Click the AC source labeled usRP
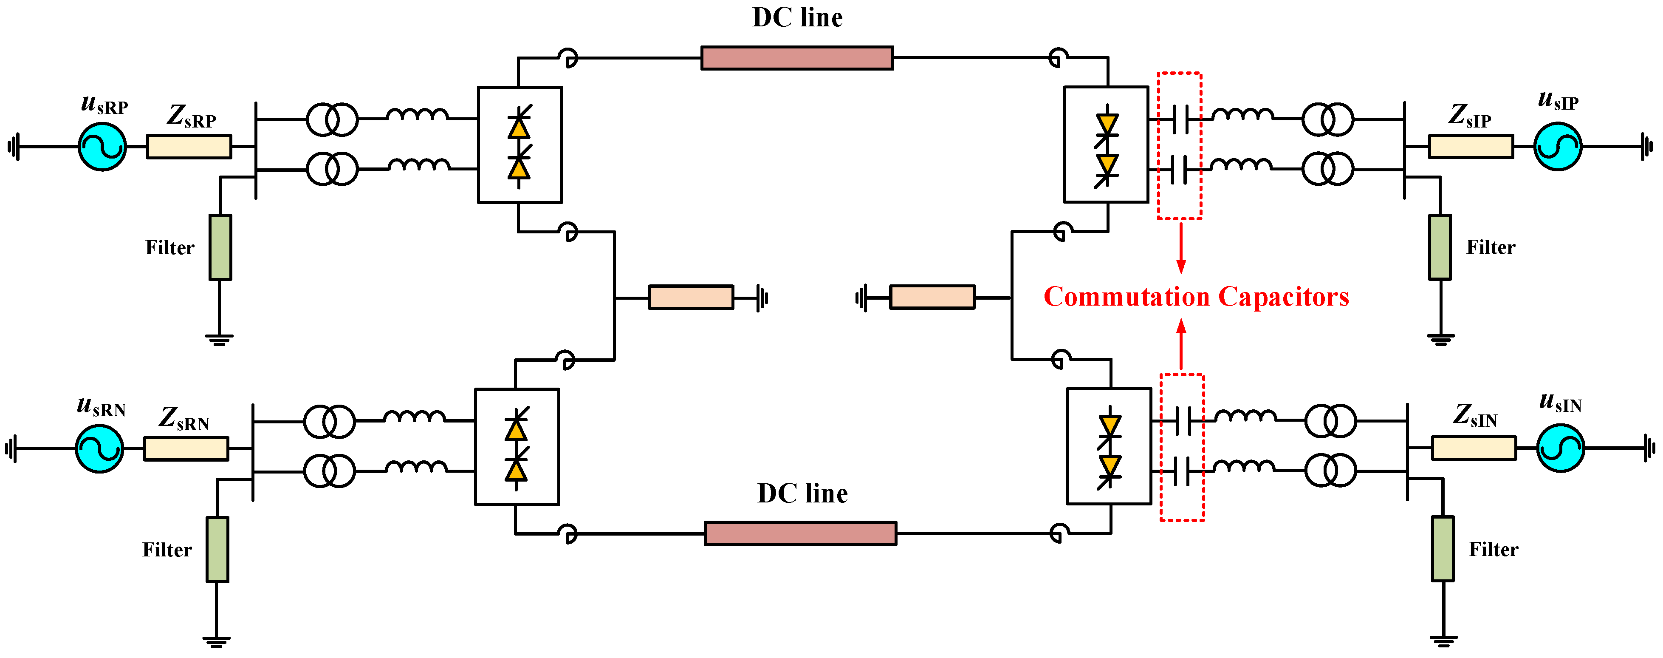tap(102, 147)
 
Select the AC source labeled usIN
tap(1560, 448)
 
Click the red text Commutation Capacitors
tap(1196, 296)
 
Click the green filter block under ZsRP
tap(220, 247)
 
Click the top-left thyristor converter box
tap(520, 145)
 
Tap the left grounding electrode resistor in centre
tap(691, 297)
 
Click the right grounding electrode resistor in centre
tap(932, 297)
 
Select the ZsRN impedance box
tap(186, 448)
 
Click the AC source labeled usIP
tap(1557, 147)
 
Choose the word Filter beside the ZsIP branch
tap(1490, 247)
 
